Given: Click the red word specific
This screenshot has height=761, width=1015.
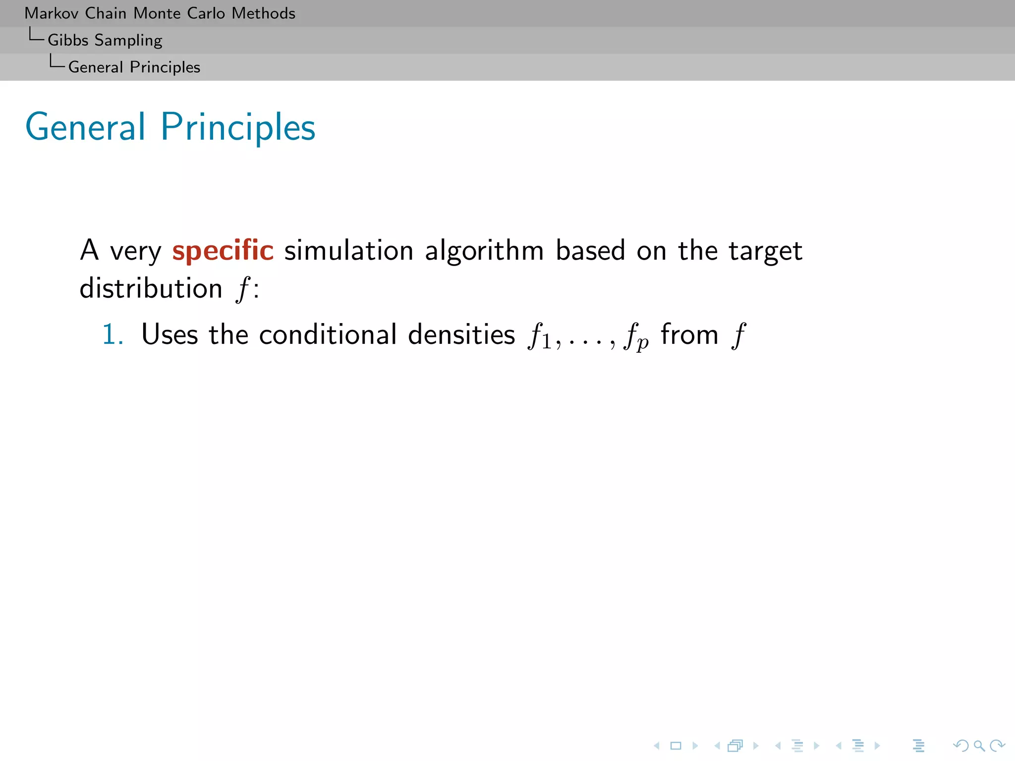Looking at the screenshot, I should point(223,250).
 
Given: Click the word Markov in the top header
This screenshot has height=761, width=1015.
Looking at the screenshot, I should point(52,13).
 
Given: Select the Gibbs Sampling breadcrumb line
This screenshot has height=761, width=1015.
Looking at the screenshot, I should point(105,40).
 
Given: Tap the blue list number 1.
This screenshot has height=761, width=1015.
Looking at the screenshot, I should point(112,334).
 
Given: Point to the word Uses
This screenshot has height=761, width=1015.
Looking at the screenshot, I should point(169,334).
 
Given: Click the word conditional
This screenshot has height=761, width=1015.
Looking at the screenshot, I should point(328,334).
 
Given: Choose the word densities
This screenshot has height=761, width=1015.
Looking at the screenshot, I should point(461,334).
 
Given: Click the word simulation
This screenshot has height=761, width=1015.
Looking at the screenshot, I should point(348,250).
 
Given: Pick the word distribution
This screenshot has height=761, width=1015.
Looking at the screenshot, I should point(151,288).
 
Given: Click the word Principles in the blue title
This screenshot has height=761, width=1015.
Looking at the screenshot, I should point(238,128).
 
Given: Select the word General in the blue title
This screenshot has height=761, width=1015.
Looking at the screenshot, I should point(85,127).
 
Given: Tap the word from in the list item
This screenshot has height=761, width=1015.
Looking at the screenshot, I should point(689,334).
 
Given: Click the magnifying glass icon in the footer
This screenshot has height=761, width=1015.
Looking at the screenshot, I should point(979,746).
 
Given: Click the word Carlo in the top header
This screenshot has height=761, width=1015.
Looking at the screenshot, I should point(206,13).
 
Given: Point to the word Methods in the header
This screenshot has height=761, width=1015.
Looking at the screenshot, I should point(263,13).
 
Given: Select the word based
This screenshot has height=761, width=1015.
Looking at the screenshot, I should point(590,250).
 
